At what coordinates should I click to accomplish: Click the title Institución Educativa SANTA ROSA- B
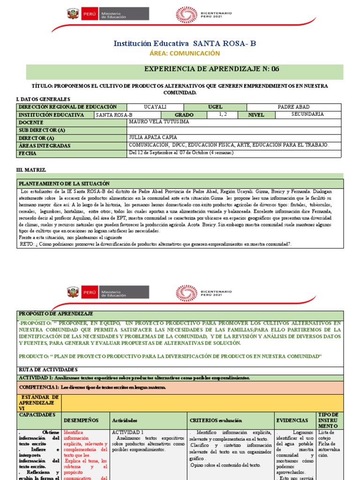tap(185, 44)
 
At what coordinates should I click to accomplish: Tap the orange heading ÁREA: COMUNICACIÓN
tap(185, 53)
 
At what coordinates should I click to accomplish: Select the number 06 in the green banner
tap(274, 69)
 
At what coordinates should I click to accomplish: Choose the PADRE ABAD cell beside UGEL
tap(294, 107)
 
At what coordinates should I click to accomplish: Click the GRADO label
tap(184, 115)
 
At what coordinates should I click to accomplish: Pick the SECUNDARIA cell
tap(307, 114)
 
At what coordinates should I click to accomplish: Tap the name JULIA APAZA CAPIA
tap(153, 138)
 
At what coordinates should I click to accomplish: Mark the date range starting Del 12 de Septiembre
tap(181, 153)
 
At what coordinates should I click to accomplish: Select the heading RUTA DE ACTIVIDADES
tap(48, 370)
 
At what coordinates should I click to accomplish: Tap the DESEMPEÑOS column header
tap(81, 420)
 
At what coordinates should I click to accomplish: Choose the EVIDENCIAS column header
tap(292, 420)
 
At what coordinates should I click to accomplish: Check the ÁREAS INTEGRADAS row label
tap(45, 146)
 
